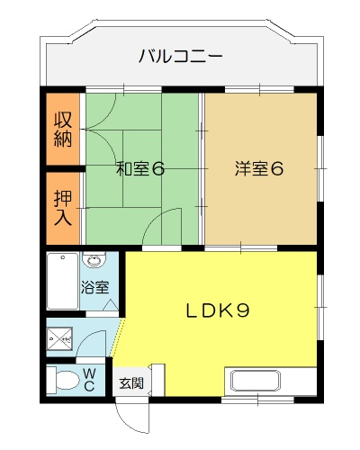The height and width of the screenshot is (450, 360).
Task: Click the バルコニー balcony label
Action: pyautogui.click(x=180, y=57)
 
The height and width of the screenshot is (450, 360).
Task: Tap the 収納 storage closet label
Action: pyautogui.click(x=63, y=130)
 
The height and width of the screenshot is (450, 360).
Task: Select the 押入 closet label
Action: pyautogui.click(x=63, y=208)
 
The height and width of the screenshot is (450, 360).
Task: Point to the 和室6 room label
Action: pyautogui.click(x=140, y=169)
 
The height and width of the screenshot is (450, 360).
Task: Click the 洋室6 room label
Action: pyautogui.click(x=259, y=168)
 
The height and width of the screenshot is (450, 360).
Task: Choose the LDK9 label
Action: pyautogui.click(x=218, y=310)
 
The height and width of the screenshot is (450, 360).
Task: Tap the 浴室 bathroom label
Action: pyautogui.click(x=94, y=288)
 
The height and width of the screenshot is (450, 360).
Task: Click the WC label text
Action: pyautogui.click(x=89, y=380)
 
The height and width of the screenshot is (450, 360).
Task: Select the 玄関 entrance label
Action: pyautogui.click(x=131, y=383)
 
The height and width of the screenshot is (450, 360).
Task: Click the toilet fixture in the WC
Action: pyautogui.click(x=64, y=380)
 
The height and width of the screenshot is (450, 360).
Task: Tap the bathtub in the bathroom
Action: pyautogui.click(x=63, y=281)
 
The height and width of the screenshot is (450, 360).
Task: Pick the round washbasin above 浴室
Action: pyautogui.click(x=94, y=260)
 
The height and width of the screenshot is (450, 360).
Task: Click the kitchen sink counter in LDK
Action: pyautogui.click(x=256, y=381)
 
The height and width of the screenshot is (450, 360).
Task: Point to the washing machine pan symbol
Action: pyautogui.click(x=60, y=339)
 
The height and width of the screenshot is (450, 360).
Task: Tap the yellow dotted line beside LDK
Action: pyautogui.click(x=117, y=337)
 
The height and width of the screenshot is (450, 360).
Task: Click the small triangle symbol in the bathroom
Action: pyautogui.click(x=111, y=305)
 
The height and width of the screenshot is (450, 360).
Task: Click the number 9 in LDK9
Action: pyautogui.click(x=243, y=310)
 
